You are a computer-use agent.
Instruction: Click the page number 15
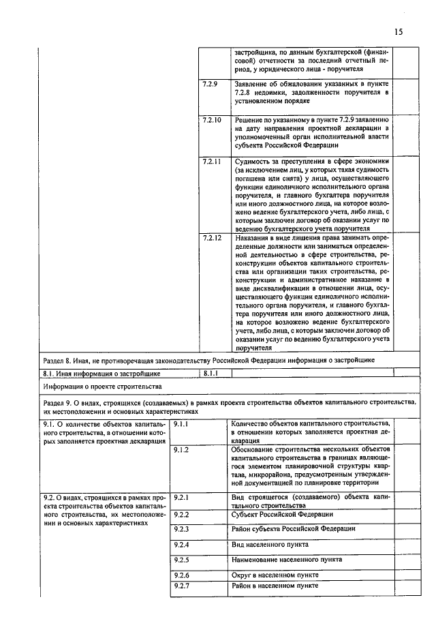tap(399, 32)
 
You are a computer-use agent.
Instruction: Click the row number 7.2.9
tap(210, 84)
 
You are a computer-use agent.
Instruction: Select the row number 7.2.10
tap(212, 119)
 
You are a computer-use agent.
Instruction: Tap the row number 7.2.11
tap(212, 162)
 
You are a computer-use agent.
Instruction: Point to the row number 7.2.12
tap(212, 239)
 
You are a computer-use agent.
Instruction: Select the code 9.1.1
tap(182, 424)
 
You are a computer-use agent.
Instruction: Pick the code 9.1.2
tap(182, 450)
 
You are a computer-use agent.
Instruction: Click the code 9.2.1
tap(182, 498)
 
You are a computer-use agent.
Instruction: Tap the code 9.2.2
tap(182, 514)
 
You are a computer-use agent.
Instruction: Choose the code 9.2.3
tap(182, 529)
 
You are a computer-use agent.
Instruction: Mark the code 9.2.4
tap(182, 545)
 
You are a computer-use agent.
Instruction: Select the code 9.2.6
tap(182, 575)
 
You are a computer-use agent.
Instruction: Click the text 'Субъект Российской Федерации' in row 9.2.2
tap(282, 514)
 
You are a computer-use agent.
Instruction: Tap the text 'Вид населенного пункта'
tap(271, 545)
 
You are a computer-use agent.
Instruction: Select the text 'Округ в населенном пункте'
tap(275, 575)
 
